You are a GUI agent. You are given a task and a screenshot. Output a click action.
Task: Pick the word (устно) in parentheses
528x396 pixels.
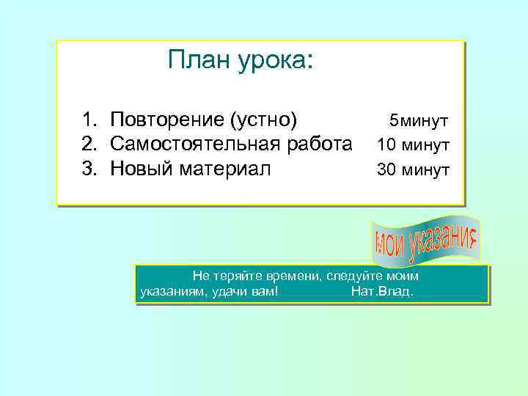point(264,120)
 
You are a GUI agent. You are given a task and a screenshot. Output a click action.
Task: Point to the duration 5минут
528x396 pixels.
point(419,120)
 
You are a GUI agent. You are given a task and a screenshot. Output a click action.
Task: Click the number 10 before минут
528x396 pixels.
point(386,145)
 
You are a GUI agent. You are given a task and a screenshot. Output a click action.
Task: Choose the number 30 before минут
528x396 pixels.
point(386,170)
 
